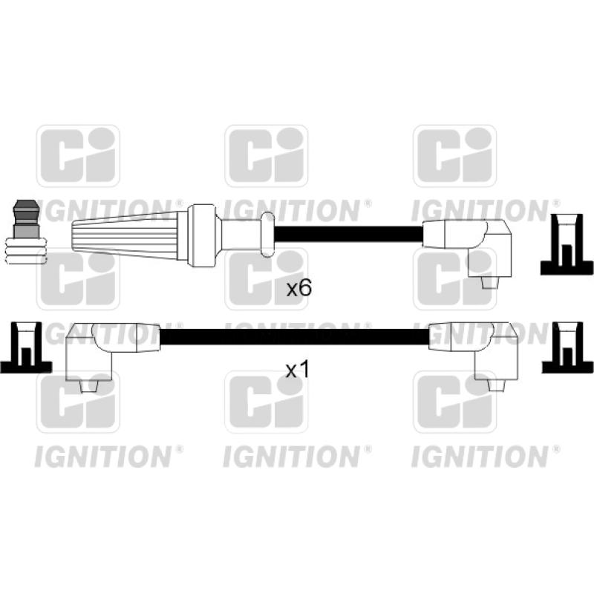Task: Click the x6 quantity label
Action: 299,289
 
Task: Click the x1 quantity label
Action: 298,370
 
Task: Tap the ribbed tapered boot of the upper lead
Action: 125,235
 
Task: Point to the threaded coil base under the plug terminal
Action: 26,251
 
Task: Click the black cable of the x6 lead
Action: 347,234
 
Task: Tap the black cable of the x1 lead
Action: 294,337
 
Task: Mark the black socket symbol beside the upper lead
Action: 567,244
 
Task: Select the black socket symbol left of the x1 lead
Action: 26,347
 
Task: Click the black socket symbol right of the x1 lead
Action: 567,347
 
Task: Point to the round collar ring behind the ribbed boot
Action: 201,236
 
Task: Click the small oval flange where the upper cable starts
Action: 267,235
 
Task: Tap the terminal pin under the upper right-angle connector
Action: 490,284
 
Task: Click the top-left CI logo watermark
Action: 78,156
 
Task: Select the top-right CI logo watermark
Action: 454,156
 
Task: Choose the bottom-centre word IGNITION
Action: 292,457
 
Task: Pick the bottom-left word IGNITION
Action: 103,457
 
